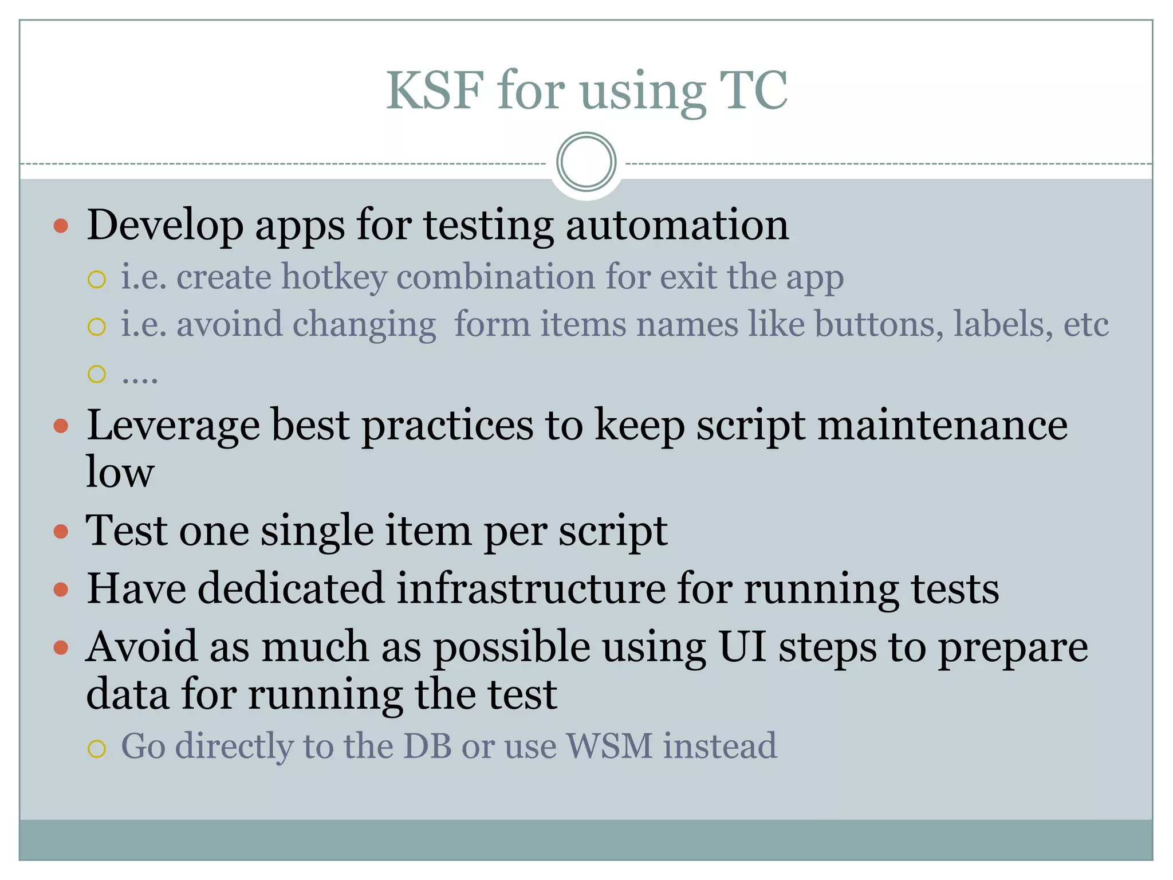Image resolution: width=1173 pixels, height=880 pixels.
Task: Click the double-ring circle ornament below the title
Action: coord(586,162)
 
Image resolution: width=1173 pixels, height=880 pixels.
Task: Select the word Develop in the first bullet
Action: coord(165,226)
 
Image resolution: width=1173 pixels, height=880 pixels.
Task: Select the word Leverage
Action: coord(172,427)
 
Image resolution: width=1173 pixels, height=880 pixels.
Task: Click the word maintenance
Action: coord(942,426)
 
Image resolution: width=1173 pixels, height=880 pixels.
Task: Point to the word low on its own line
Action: coord(120,473)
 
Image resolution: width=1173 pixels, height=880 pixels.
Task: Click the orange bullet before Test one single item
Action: coord(61,532)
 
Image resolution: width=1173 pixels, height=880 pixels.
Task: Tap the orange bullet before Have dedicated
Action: coord(61,590)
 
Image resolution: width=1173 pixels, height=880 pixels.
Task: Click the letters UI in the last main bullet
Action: coord(742,647)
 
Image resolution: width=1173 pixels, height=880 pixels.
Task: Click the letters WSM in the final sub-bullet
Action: coord(609,747)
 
